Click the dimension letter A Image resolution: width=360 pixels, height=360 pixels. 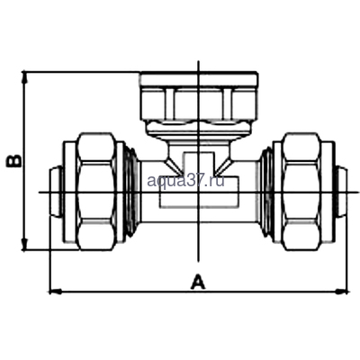[197, 281]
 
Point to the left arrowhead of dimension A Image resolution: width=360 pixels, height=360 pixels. [53, 291]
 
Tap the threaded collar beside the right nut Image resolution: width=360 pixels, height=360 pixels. [265, 191]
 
